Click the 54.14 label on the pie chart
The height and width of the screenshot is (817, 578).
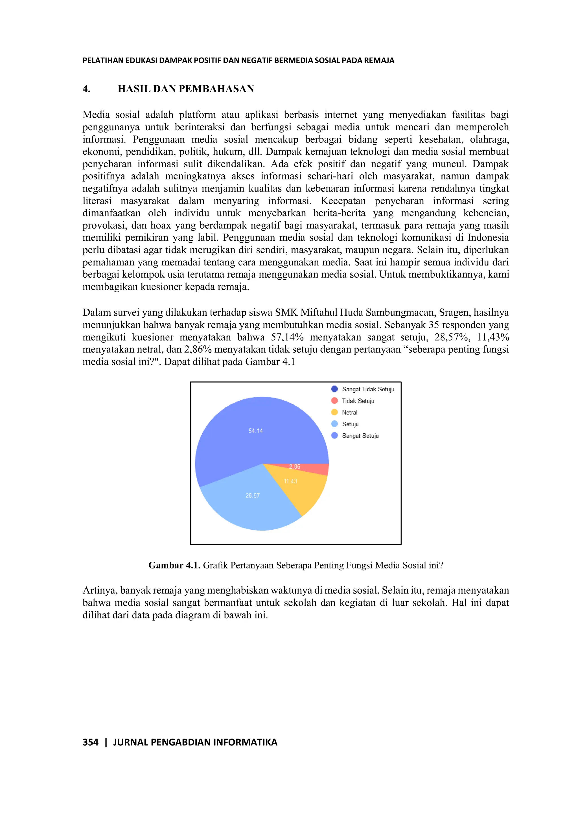point(255,431)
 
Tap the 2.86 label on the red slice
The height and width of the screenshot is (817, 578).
point(294,467)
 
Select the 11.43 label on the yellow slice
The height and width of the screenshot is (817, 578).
point(290,481)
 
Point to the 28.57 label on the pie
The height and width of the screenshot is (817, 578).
point(252,495)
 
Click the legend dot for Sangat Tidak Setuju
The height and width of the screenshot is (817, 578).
point(334,389)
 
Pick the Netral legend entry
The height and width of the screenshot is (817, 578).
point(349,412)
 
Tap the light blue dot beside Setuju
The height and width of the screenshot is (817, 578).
point(334,424)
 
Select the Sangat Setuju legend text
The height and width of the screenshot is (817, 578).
point(360,436)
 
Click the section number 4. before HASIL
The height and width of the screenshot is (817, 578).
point(86,89)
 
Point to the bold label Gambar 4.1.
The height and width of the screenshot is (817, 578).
point(174,565)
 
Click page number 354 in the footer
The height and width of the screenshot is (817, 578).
point(90,742)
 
